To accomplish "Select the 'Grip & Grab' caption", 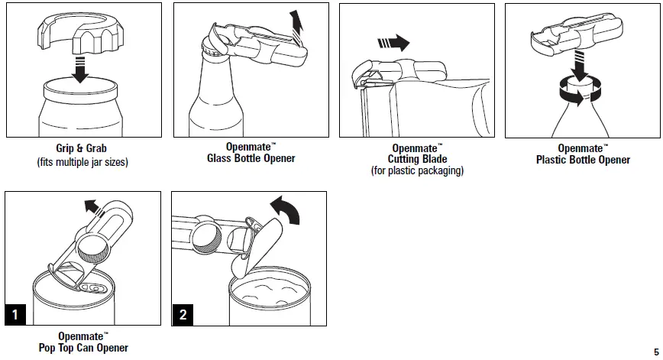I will pyautogui.click(x=82, y=151).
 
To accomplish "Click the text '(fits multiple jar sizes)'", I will pyautogui.click(x=82, y=163).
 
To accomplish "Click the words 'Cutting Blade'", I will pyautogui.click(x=417, y=160).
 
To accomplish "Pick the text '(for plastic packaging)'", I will pyautogui.click(x=417, y=171).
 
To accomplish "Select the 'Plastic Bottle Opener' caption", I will pyautogui.click(x=583, y=160).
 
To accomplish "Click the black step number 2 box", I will pyautogui.click(x=183, y=314).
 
